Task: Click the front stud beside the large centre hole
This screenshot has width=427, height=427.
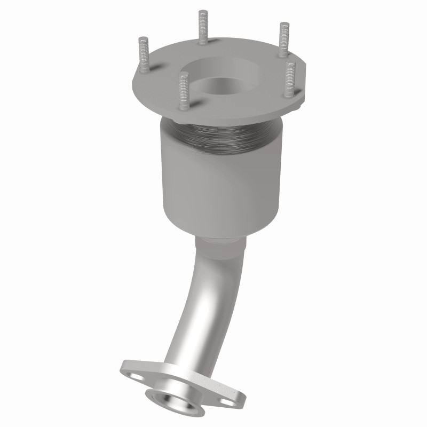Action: click(184, 91)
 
